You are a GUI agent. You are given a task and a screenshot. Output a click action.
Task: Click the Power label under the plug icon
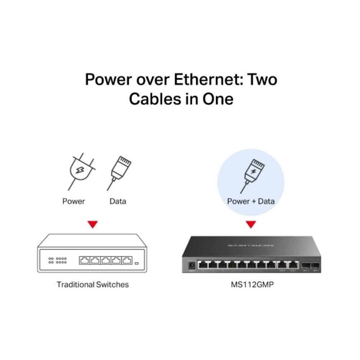pos(73,201)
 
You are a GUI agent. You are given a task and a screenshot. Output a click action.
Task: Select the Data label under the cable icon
pos(118,201)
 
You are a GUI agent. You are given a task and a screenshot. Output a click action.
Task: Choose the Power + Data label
pos(251,201)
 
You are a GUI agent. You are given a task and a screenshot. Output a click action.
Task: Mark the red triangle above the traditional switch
pos(93,225)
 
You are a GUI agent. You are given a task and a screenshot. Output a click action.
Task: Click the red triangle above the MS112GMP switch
pos(251,225)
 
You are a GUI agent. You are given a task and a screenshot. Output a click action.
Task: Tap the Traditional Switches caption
pos(93,284)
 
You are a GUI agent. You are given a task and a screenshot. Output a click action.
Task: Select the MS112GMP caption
pos(251,284)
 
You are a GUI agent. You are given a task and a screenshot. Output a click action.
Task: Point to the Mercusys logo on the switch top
pos(251,245)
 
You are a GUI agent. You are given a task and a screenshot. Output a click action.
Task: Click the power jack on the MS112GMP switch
pos(192,265)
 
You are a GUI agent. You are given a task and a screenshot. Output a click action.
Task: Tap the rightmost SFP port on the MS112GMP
pos(315,265)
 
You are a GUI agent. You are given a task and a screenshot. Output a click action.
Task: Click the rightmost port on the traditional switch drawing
pos(126,261)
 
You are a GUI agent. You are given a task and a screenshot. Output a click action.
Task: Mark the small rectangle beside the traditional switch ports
pos(136,264)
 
